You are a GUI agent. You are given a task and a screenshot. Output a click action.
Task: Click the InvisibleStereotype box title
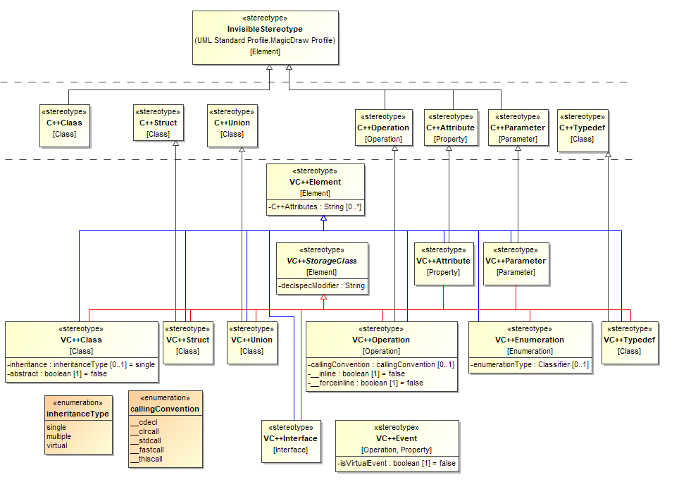tap(265, 29)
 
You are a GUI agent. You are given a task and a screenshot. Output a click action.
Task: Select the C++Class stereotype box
tap(65, 125)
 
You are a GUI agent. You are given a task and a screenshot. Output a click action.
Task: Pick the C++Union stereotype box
tap(232, 125)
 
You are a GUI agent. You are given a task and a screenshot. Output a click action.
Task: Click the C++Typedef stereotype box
tap(582, 130)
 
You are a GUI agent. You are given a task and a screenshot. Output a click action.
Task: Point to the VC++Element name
tap(315, 182)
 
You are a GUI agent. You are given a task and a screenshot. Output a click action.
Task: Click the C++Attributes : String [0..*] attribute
tap(316, 207)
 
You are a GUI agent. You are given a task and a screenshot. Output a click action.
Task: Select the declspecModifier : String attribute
tap(322, 286)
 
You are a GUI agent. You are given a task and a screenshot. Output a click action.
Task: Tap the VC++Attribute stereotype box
tap(443, 264)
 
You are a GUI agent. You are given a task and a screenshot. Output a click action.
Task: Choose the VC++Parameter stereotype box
tap(516, 264)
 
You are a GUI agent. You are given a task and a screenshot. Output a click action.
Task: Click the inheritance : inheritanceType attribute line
tap(81, 364)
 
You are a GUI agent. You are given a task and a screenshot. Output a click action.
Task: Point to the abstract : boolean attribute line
tap(58, 373)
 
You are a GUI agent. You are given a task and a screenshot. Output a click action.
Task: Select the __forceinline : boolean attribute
tap(367, 383)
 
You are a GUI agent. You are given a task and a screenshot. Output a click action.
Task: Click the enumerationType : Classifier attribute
tap(530, 364)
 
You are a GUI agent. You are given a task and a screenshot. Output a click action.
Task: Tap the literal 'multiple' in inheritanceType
tap(59, 436)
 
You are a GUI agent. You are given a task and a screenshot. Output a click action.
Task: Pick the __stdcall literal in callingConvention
tap(146, 440)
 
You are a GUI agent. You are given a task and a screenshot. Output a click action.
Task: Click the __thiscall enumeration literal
tap(147, 459)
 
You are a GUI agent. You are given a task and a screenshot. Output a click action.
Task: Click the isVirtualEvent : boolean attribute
tap(397, 463)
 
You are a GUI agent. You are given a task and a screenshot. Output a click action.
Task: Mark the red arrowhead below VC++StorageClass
tap(323, 298)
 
